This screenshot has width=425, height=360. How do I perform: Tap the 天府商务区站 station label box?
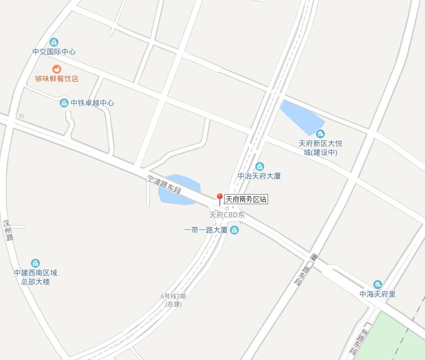point(246,199)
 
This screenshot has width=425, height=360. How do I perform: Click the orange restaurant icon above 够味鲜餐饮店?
point(57,69)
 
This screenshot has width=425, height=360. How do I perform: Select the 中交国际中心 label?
point(54,52)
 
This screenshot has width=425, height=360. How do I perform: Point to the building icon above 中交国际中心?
point(54,42)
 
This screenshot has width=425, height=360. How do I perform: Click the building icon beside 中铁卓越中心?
point(64,103)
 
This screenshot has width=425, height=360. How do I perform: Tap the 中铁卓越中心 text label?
point(92,103)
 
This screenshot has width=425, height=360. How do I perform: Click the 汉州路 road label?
point(8,231)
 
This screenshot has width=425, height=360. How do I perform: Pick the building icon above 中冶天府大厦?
point(259,166)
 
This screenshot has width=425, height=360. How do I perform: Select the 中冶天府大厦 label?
point(259,176)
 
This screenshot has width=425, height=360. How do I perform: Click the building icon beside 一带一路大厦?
point(234,230)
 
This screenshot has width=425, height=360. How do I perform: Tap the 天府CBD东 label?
point(227,215)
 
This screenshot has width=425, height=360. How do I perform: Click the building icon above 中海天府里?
point(377,284)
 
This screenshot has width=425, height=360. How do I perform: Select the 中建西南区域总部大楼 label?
point(35,277)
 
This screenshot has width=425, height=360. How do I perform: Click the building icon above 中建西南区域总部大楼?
point(35,263)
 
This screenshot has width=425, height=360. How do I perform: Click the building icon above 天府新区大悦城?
point(320,133)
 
